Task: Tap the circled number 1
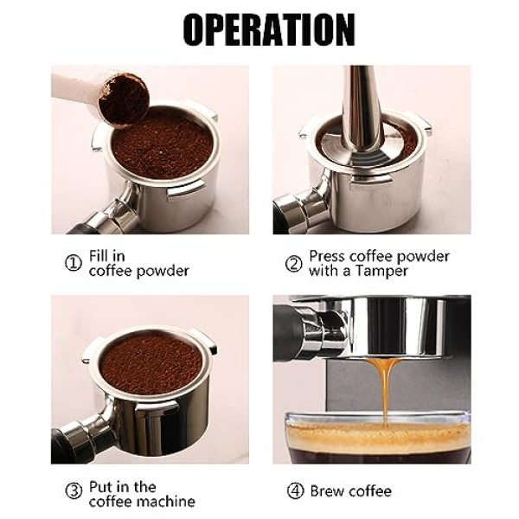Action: (x=74, y=264)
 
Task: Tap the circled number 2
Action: (x=294, y=264)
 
